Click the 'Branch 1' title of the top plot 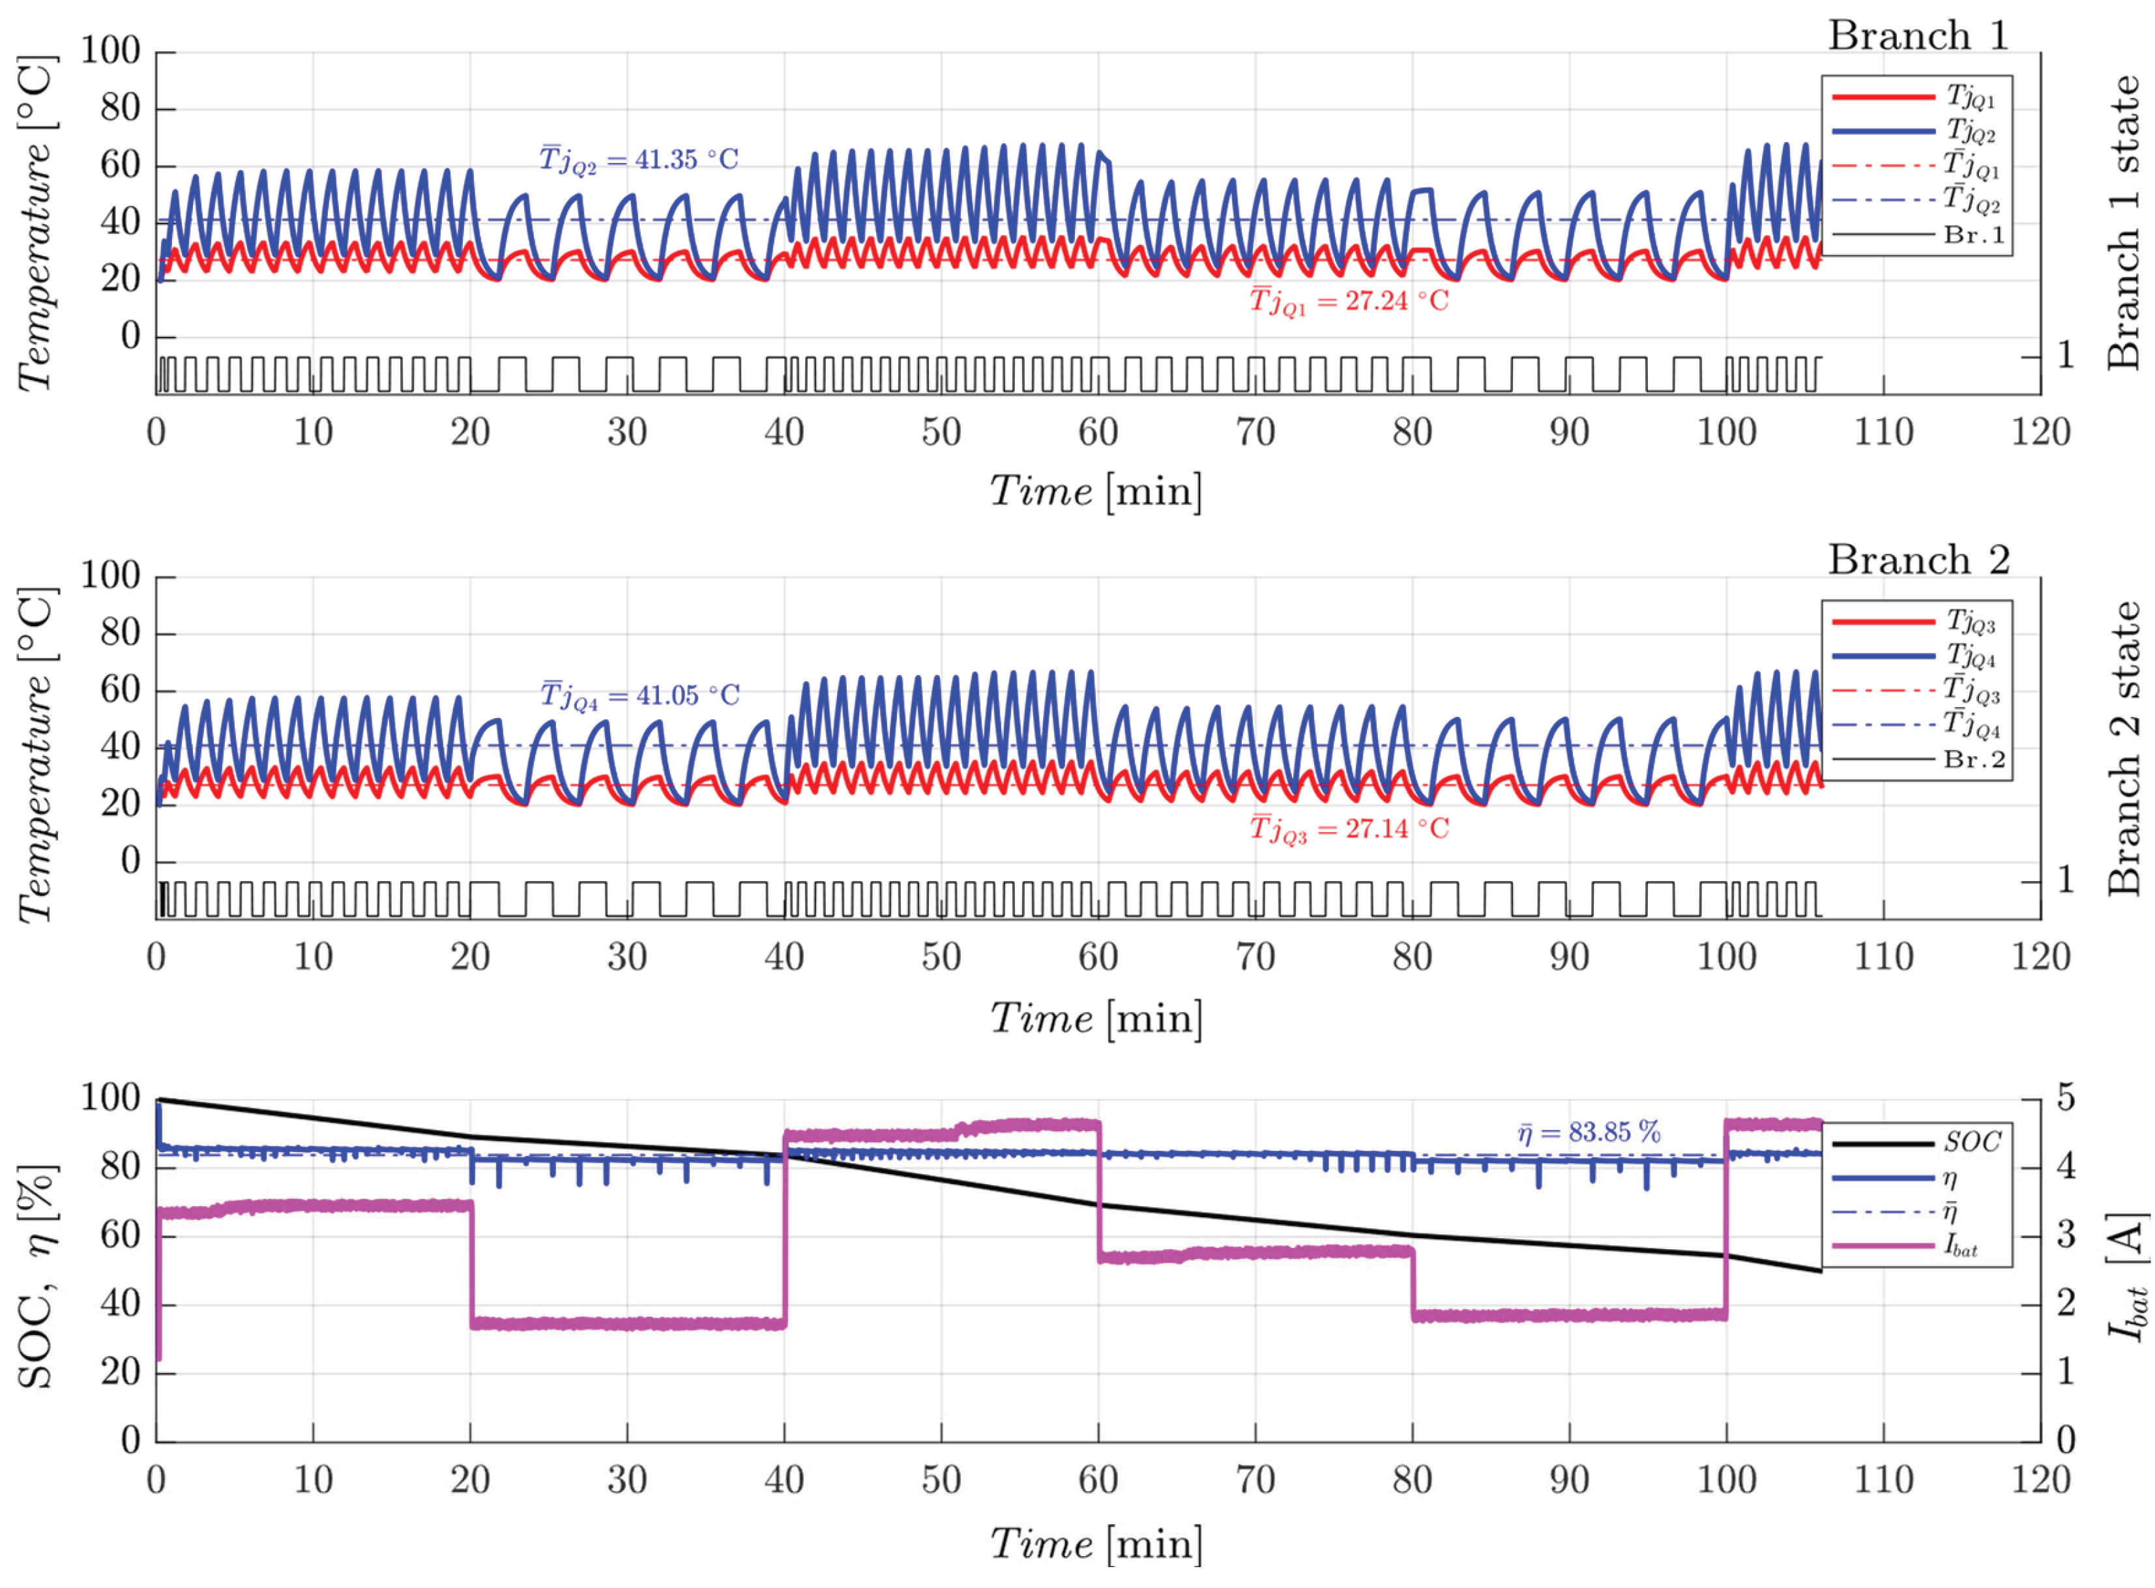(x=1918, y=36)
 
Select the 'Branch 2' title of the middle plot (x=1918, y=560)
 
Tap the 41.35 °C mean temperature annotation (x=639, y=160)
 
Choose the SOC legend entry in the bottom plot (x=1916, y=1143)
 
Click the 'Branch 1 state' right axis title (x=2122, y=223)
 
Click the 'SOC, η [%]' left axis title (x=37, y=1277)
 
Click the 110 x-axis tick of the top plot (x=1883, y=433)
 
